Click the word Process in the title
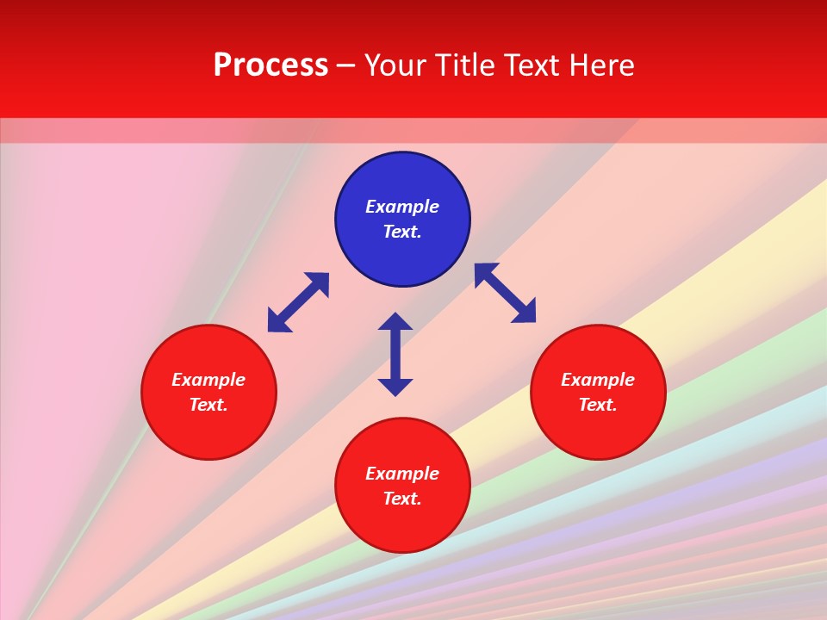(270, 65)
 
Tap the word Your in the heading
(396, 65)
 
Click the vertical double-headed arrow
(395, 354)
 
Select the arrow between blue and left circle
(298, 302)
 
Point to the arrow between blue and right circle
(506, 293)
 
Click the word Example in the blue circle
(402, 207)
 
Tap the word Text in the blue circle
(401, 232)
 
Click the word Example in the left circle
(208, 380)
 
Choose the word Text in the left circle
(208, 405)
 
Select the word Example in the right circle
(598, 380)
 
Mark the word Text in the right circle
(596, 405)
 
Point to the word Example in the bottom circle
(402, 474)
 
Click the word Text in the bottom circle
(401, 499)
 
